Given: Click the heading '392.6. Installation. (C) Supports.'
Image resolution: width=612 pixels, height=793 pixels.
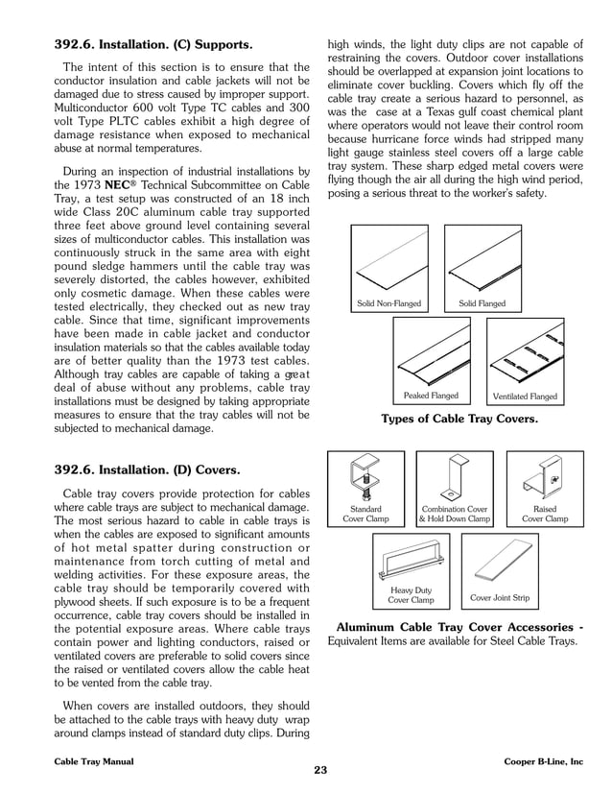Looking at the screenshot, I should click(x=153, y=44).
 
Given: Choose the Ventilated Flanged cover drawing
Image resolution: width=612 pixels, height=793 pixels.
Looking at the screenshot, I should click(x=524, y=352).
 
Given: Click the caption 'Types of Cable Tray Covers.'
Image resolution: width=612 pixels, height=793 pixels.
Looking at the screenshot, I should click(x=459, y=420).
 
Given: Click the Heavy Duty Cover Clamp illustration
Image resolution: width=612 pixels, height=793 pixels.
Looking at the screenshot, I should click(x=411, y=560).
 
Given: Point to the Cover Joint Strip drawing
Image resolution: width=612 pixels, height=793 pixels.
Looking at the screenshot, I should click(x=500, y=562).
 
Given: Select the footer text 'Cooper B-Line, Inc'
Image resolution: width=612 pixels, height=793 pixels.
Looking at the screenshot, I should click(x=543, y=760).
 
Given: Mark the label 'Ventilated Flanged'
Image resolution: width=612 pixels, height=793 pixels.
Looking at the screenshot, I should click(x=524, y=396).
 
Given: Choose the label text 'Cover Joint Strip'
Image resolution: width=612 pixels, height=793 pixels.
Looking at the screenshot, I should click(x=500, y=598).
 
